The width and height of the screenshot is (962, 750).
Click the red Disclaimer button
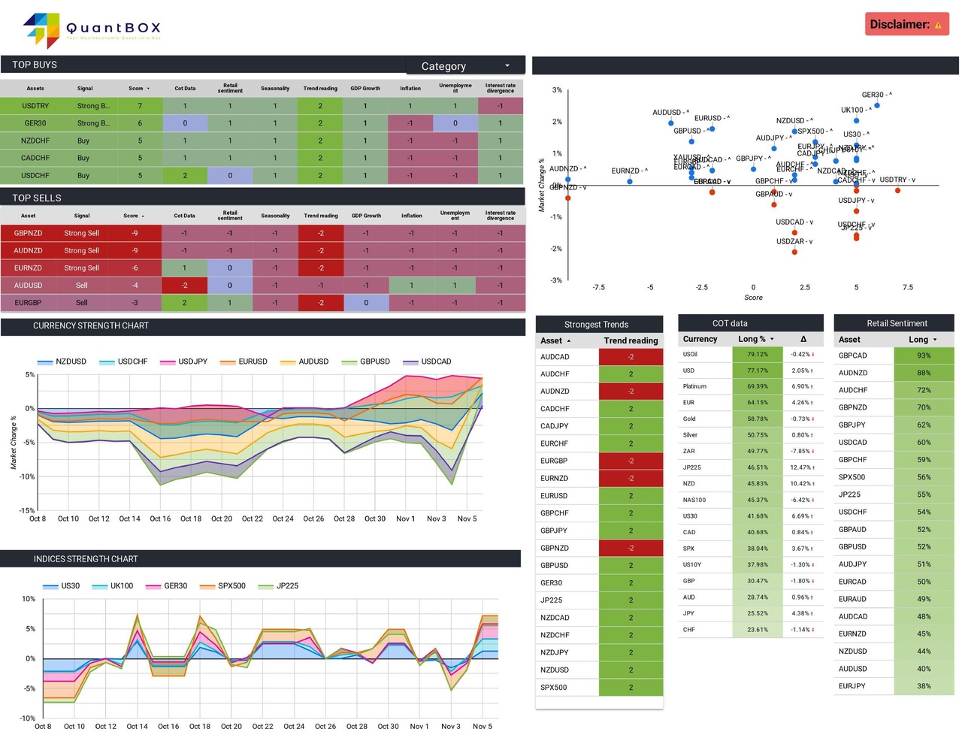(x=906, y=24)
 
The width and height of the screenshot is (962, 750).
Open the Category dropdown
(x=465, y=66)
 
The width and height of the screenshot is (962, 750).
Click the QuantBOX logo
(x=92, y=30)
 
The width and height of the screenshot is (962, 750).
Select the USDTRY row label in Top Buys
(x=35, y=106)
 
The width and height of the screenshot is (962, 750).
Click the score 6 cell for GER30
(x=140, y=123)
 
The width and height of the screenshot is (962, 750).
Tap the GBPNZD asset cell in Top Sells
(x=28, y=233)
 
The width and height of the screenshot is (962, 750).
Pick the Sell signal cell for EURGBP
(x=81, y=303)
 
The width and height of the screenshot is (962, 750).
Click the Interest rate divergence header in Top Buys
(x=500, y=88)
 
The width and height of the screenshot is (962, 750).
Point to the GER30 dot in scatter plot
(x=877, y=105)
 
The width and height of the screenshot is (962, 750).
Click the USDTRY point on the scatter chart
(x=897, y=190)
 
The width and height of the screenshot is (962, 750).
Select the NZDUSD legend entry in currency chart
(x=62, y=361)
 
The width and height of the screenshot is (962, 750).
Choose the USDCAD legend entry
(x=428, y=361)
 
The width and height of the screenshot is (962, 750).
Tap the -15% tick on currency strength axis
(x=26, y=510)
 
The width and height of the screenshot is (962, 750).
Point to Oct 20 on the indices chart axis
(x=231, y=727)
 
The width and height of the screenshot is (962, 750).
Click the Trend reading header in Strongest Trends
(x=630, y=340)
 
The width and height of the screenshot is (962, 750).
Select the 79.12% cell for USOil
(x=757, y=354)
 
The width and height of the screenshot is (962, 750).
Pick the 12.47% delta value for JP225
(x=801, y=467)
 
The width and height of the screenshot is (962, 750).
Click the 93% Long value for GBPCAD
(x=923, y=355)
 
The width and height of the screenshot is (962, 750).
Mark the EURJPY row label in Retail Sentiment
(x=852, y=686)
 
